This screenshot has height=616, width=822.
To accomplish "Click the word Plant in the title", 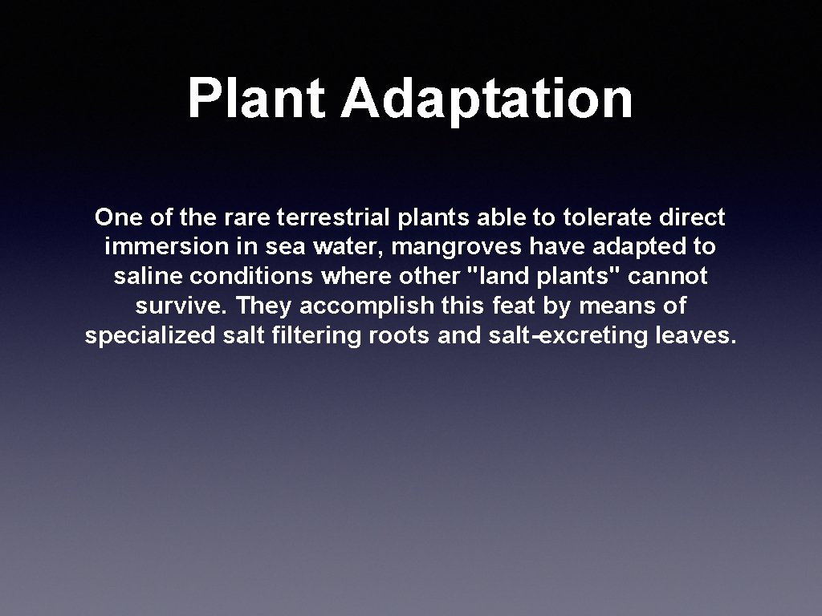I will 256,99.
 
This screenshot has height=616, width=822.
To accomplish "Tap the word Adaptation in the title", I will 486,99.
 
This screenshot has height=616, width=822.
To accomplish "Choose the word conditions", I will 250,277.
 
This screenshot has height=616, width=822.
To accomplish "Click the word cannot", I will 668,277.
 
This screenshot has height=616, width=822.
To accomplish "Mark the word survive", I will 182,306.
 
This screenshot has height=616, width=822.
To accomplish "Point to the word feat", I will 508,306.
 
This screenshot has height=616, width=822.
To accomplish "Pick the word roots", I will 399,336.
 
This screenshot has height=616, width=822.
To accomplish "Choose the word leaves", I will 695,336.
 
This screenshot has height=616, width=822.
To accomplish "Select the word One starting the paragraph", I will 117,217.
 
